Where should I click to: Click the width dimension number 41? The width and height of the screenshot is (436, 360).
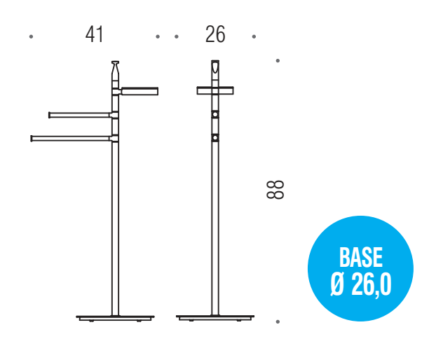coord(95,34)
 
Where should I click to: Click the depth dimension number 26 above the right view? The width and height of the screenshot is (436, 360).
coord(215,34)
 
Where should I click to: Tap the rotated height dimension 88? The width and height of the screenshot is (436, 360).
coord(275,190)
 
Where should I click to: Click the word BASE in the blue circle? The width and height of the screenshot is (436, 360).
coord(361,258)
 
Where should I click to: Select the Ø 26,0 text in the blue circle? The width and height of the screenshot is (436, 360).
coord(361,284)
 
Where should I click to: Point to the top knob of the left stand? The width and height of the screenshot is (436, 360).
coord(116,70)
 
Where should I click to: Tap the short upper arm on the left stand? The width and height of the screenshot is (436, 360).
coord(139,91)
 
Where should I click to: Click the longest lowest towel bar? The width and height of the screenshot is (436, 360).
coord(73,139)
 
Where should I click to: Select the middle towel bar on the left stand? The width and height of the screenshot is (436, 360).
coord(83,115)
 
